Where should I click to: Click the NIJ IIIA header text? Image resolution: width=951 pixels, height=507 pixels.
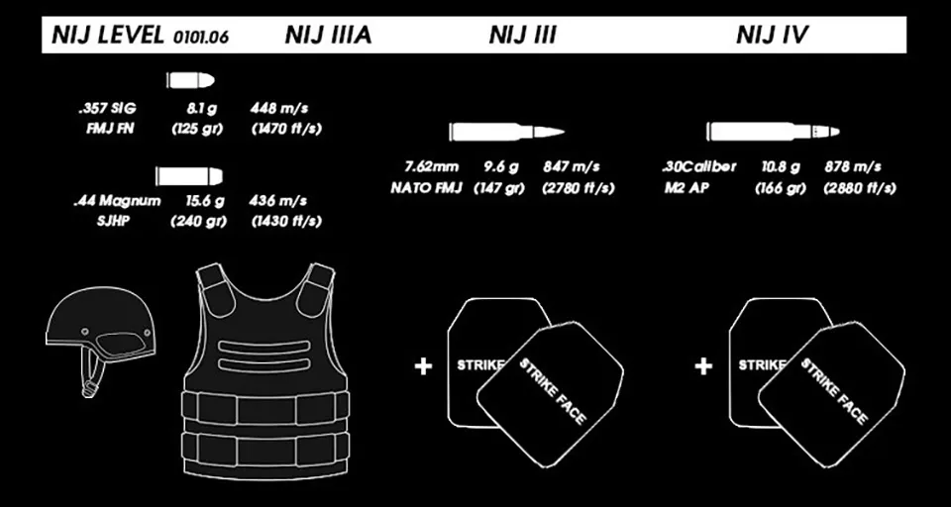point(328,37)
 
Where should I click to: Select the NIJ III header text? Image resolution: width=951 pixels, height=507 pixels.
point(522,37)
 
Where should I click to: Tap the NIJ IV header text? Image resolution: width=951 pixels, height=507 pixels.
point(774,37)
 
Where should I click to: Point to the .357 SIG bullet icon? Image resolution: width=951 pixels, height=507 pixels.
point(192,79)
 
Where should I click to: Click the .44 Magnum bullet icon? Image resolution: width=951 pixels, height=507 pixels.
point(190,176)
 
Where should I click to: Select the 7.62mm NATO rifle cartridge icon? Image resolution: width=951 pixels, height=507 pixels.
point(505,131)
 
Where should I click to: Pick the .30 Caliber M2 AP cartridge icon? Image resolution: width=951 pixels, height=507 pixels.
point(772,131)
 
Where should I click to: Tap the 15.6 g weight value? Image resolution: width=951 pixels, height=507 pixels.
point(206,201)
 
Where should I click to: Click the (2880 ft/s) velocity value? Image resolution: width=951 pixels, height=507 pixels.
point(858,187)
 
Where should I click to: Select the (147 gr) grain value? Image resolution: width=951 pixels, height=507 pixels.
point(498,187)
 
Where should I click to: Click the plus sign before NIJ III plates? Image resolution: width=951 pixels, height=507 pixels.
point(423,366)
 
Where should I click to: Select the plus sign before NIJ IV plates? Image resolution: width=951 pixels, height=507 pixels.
point(703,366)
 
